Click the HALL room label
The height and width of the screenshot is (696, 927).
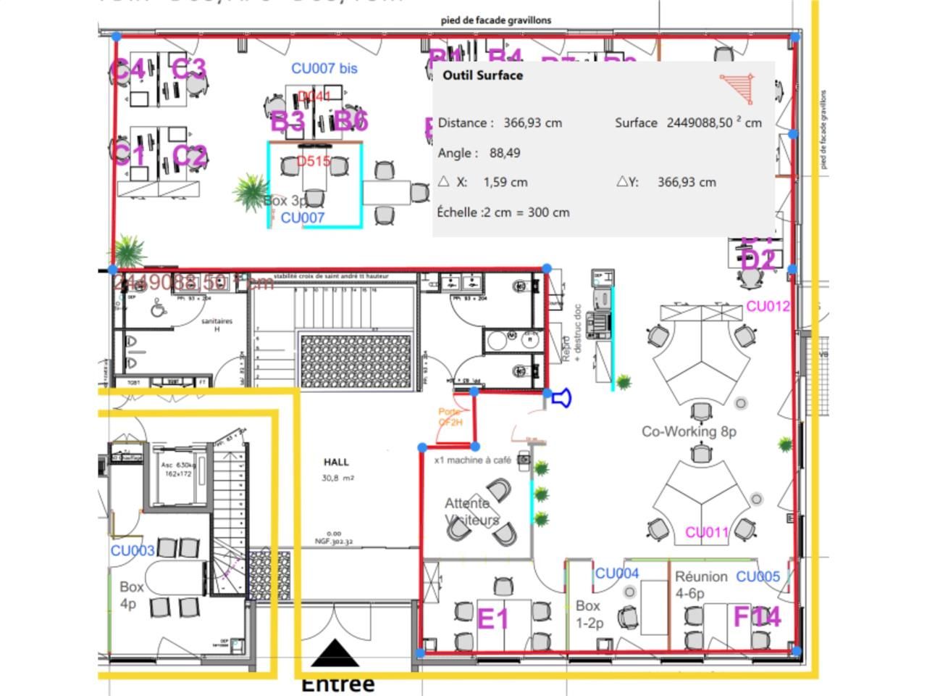pyautogui.click(x=336, y=462)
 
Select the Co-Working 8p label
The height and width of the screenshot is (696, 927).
pyautogui.click(x=689, y=431)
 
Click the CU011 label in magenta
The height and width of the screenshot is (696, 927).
pyautogui.click(x=707, y=532)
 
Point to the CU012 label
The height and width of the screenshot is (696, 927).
pyautogui.click(x=768, y=306)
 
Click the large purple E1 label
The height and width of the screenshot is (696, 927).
pyautogui.click(x=493, y=619)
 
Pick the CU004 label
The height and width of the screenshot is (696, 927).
pyautogui.click(x=617, y=573)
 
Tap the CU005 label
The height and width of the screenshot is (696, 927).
pyautogui.click(x=758, y=576)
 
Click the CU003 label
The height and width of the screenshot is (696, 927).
pyautogui.click(x=133, y=550)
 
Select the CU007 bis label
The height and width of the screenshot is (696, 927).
pyautogui.click(x=324, y=68)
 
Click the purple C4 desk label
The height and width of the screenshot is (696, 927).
pyautogui.click(x=127, y=70)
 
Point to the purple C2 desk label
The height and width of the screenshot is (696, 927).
pyautogui.click(x=190, y=155)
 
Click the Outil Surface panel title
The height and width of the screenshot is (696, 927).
pyautogui.click(x=482, y=75)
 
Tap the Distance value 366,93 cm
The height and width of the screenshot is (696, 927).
pyautogui.click(x=532, y=123)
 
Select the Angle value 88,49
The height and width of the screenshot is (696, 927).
pyautogui.click(x=505, y=153)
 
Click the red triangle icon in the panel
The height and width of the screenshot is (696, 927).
pyautogui.click(x=738, y=88)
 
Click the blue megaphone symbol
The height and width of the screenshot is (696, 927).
pyautogui.click(x=561, y=397)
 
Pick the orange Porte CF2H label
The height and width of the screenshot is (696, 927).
pyautogui.click(x=450, y=417)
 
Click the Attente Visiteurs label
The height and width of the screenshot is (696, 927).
pyautogui.click(x=471, y=511)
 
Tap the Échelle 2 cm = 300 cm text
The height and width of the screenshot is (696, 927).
pyautogui.click(x=503, y=212)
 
